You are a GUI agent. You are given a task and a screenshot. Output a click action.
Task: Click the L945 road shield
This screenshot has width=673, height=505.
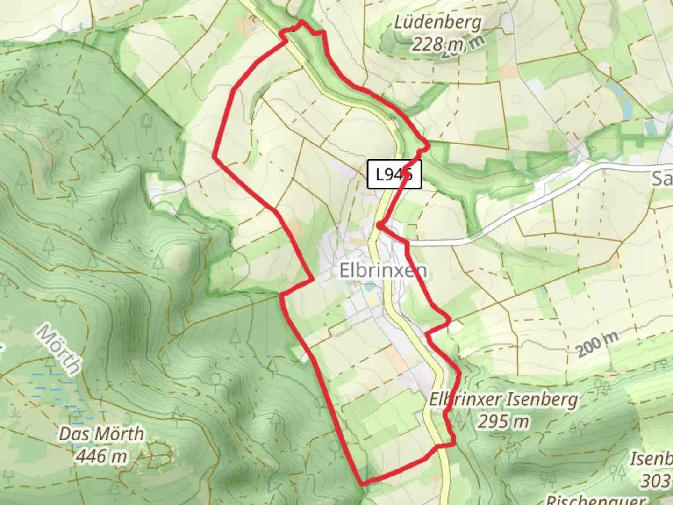(x=394, y=174)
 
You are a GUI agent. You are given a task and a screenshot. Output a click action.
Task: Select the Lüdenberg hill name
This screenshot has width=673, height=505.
(x=437, y=22)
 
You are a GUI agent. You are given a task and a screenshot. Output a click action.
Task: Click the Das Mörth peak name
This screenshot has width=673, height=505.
(x=101, y=434)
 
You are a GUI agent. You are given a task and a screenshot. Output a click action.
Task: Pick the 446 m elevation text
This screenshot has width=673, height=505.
(x=101, y=455)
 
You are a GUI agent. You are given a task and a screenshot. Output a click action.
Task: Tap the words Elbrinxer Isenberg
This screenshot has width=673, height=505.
(x=503, y=400)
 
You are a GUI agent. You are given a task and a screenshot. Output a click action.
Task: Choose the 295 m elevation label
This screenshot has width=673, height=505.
(x=503, y=422)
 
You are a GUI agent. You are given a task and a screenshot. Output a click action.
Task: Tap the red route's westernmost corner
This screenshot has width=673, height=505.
(x=215, y=155)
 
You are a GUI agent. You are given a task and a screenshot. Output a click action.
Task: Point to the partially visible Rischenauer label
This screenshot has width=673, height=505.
(x=596, y=499)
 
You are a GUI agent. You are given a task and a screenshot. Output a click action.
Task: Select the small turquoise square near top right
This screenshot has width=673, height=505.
(x=649, y=127)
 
